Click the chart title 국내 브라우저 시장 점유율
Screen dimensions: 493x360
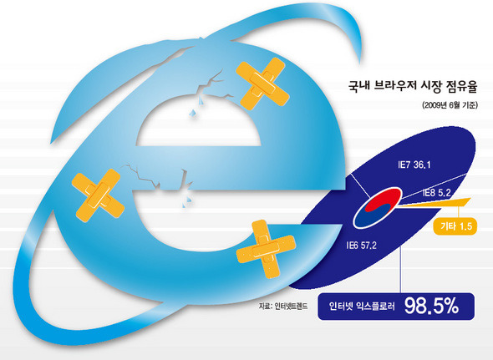413,86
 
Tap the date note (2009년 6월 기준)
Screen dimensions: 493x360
450,105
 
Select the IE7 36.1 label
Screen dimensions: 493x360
414,165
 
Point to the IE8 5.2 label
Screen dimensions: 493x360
436,192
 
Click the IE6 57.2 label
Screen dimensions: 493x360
361,245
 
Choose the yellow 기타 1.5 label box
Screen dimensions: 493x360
455,226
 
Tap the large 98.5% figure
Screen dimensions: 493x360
431,306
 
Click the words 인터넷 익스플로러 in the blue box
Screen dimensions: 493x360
362,306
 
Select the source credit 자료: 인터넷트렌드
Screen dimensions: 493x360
283,306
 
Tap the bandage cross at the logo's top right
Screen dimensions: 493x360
262,84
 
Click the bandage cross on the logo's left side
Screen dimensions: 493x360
98,195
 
